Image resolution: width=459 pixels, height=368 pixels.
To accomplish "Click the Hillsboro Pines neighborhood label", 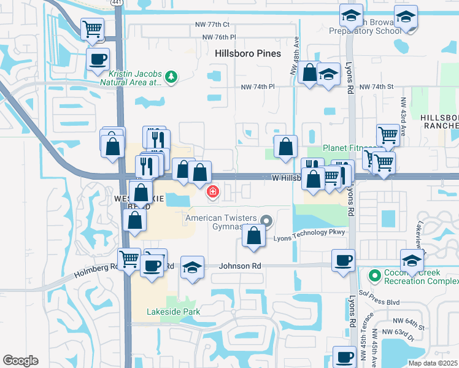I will click(248, 53).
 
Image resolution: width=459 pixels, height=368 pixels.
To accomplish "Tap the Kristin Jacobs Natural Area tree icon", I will click(172, 76).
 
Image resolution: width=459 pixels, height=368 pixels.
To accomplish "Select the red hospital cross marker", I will click(213, 193).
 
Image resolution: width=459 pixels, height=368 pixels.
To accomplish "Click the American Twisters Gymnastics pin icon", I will click(266, 220).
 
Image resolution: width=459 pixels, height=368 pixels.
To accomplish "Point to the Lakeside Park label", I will click(165, 312).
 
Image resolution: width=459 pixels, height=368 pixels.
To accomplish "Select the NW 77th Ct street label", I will click(210, 25).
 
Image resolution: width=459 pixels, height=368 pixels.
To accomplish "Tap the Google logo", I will click(20, 361).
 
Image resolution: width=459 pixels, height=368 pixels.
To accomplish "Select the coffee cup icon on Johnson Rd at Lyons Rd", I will click(343, 259).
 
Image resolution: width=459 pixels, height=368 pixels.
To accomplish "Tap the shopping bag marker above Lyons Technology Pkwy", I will click(254, 236).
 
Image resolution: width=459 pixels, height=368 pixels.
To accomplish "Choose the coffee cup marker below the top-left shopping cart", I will click(98, 59).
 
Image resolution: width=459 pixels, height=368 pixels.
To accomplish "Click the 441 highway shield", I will click(117, 2).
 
